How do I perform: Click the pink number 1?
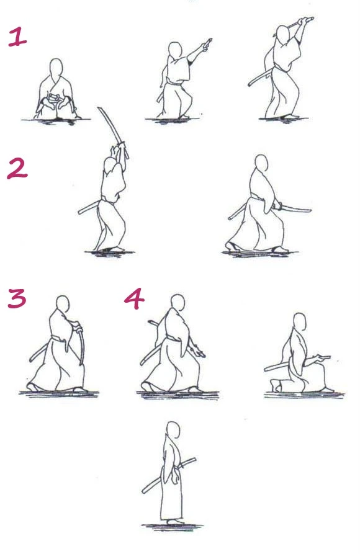(17, 37)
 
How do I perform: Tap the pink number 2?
(17, 169)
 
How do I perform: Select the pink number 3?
(17, 298)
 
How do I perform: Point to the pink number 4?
(135, 298)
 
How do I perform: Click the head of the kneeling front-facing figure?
(56, 67)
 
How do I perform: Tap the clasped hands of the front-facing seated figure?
(54, 98)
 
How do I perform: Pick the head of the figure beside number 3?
(63, 304)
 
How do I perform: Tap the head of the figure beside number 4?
(178, 303)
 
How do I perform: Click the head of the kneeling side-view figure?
(300, 321)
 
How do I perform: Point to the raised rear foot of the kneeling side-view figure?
(276, 385)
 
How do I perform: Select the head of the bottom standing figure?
(173, 430)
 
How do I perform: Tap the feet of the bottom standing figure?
(174, 522)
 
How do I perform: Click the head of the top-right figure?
(283, 34)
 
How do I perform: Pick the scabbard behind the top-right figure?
(260, 78)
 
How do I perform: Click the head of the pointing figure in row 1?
(174, 50)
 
